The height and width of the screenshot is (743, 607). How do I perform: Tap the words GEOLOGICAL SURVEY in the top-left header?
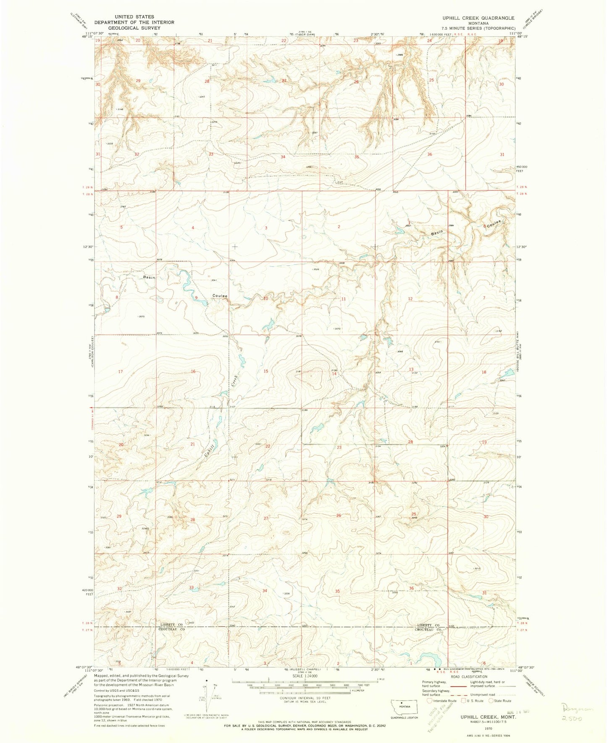134,28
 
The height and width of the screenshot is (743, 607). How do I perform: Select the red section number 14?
334,374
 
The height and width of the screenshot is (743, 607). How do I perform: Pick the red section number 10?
265,299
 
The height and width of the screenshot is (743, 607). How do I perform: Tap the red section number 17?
121,372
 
